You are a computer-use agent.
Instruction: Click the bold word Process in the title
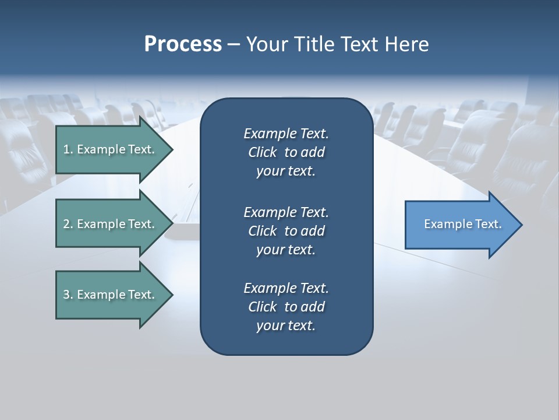point(183,44)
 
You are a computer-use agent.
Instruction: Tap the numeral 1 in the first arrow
point(66,149)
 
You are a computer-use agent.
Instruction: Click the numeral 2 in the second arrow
point(66,224)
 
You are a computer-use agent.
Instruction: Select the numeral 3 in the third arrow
point(66,295)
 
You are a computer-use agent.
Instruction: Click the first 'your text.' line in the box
point(286,171)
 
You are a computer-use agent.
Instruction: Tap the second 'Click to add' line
point(286,231)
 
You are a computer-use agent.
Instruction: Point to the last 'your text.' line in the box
point(286,326)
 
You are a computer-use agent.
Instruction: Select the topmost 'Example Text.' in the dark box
point(286,134)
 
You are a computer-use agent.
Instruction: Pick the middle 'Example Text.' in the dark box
point(286,212)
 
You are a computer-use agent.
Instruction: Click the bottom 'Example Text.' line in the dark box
point(286,288)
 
